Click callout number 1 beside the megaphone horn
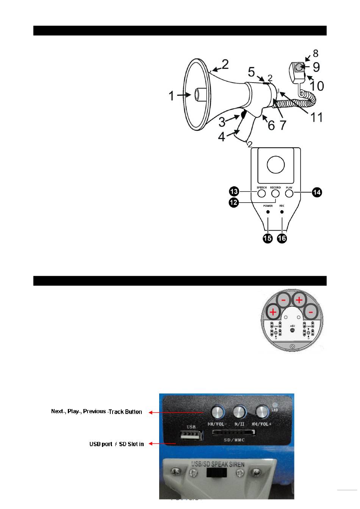point(172,96)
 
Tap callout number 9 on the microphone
point(315,67)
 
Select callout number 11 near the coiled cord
point(316,117)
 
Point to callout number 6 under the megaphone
point(271,125)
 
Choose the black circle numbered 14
point(316,193)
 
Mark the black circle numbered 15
point(268,239)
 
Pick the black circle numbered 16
point(282,239)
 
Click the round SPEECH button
point(261,194)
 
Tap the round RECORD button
point(275,194)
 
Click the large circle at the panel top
point(275,165)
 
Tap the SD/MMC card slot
point(233,432)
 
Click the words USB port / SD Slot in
point(116,444)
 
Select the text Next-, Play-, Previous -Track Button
point(97,412)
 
